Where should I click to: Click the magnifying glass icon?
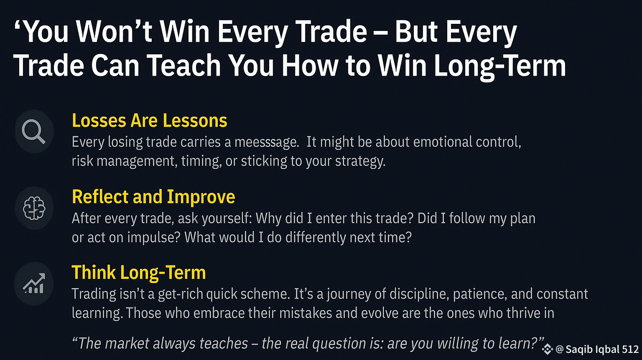(x=33, y=131)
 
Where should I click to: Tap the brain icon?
(x=34, y=208)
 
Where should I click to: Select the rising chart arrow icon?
(x=34, y=283)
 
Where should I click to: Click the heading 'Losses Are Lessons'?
(x=149, y=120)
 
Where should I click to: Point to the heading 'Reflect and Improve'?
(x=153, y=197)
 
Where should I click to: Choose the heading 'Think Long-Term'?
(x=139, y=272)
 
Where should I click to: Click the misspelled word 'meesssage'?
(x=267, y=143)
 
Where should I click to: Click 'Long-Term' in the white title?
(x=500, y=66)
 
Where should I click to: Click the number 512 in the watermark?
(x=631, y=350)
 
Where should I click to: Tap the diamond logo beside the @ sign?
(x=548, y=350)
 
